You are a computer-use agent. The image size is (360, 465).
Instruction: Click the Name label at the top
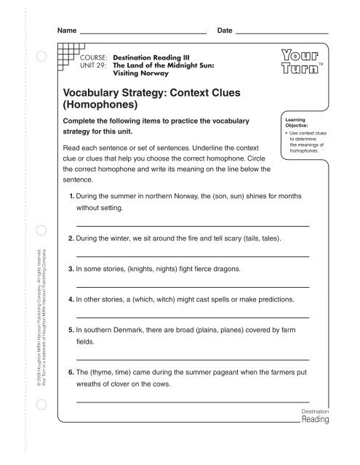tap(67, 31)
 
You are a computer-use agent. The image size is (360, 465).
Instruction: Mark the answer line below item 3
tap(193, 287)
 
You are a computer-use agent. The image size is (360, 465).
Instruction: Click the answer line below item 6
tap(193, 401)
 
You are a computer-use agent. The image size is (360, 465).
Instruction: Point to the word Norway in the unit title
tap(156, 73)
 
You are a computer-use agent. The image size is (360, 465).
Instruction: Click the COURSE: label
tap(95, 55)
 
